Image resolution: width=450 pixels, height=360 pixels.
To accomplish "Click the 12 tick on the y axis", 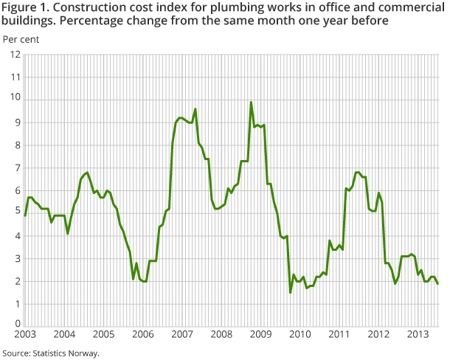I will [15, 55].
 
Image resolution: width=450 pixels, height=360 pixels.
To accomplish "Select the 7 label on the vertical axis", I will [17, 167].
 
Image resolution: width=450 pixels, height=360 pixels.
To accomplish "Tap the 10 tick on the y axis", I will [15, 100].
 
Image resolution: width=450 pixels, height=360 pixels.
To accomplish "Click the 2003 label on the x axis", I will [24, 334].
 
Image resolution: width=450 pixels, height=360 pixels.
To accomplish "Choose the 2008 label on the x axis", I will [221, 334].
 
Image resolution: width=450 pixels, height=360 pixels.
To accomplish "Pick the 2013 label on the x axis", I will [418, 334].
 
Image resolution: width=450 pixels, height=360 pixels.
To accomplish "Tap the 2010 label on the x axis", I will [300, 334].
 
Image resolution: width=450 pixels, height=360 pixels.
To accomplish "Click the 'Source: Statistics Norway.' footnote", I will [51, 353].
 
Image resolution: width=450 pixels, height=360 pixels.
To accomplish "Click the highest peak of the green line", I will [251, 103].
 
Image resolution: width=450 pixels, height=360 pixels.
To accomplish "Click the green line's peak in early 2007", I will [195, 109].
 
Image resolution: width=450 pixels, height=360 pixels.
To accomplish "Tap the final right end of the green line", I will [438, 283].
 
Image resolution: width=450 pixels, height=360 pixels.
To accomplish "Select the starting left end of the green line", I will [25, 215].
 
